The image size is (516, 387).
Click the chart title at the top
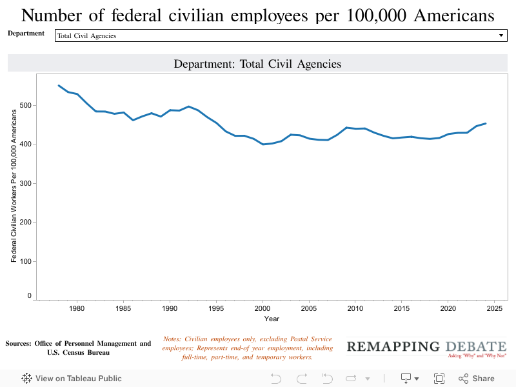coord(258,15)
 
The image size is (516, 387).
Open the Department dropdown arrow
coord(501,35)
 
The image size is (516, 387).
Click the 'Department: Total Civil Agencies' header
coord(257,64)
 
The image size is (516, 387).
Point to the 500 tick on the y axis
coord(26,105)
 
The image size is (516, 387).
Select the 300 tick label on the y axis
coord(26,183)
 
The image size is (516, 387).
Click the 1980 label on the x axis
coord(77,308)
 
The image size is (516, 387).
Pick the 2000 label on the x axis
coord(263,308)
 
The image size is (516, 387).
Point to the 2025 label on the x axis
coord(494,308)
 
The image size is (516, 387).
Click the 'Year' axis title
coord(272,319)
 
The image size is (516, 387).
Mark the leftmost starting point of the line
coord(59,85)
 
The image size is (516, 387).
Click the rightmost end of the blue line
coord(485,123)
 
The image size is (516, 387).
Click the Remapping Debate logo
coord(426,348)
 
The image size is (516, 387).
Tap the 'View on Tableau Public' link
coord(72,379)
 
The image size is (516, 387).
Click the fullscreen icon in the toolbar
coord(439,379)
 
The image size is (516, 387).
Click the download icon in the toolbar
coord(406,379)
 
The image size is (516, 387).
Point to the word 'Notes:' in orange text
coord(173,339)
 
